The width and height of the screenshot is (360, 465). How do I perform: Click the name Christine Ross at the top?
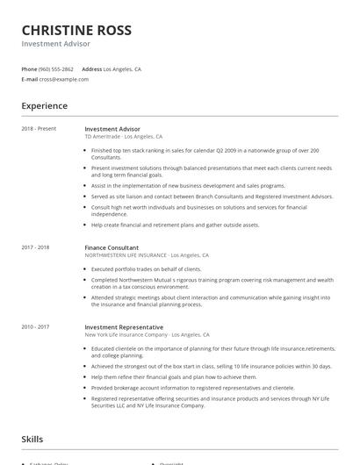76,30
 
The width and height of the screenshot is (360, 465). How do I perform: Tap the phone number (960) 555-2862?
56,68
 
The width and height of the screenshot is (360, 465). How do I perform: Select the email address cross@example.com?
63,79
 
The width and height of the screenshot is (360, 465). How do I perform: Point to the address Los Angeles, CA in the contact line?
122,68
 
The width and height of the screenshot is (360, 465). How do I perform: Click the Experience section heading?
45,106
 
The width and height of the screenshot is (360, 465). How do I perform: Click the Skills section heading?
33,439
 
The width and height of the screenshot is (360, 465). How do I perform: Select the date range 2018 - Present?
39,129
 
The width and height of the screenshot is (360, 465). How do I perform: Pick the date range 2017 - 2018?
36,247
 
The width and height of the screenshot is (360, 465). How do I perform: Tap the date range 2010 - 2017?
36,326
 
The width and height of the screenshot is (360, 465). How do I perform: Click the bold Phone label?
29,68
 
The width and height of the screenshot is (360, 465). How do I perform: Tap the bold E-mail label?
29,79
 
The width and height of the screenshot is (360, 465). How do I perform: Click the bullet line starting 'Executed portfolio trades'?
147,268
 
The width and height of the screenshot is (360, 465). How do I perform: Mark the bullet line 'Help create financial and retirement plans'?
176,225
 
